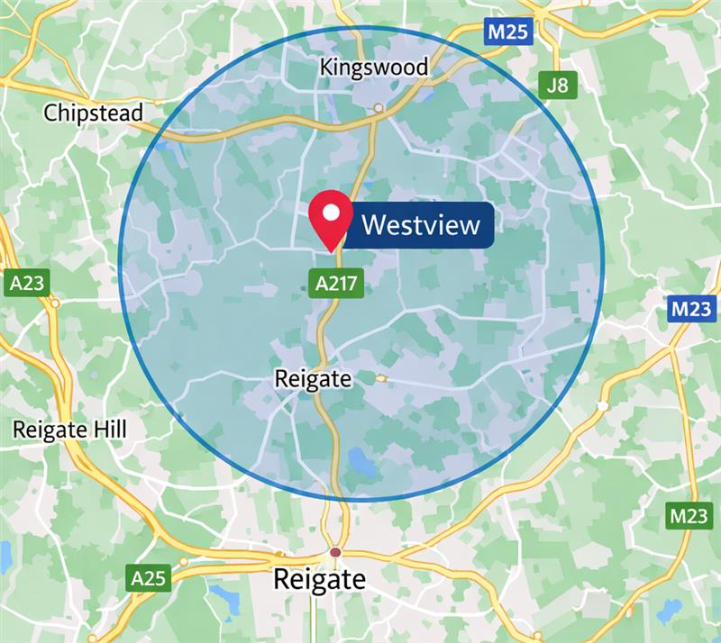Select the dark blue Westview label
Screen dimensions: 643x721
[420, 224]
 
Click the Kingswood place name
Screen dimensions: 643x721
[374, 68]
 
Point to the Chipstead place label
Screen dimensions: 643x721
[94, 113]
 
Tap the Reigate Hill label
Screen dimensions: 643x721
[70, 430]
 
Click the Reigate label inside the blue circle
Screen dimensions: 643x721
[313, 379]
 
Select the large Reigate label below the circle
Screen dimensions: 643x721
[320, 578]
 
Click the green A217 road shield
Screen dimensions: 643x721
[338, 284]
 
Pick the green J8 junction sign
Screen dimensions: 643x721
[558, 86]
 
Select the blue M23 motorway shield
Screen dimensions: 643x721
[692, 311]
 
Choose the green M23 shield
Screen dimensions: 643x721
[690, 517]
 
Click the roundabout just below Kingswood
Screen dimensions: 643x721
[379, 108]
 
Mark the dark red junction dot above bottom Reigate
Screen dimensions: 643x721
[335, 551]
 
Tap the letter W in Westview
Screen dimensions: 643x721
[372, 224]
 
